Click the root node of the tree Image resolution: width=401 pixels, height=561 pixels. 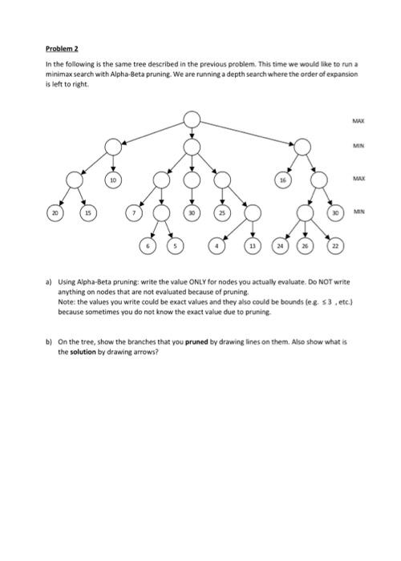coord(192,120)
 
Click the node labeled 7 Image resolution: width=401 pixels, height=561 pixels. coord(135,214)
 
